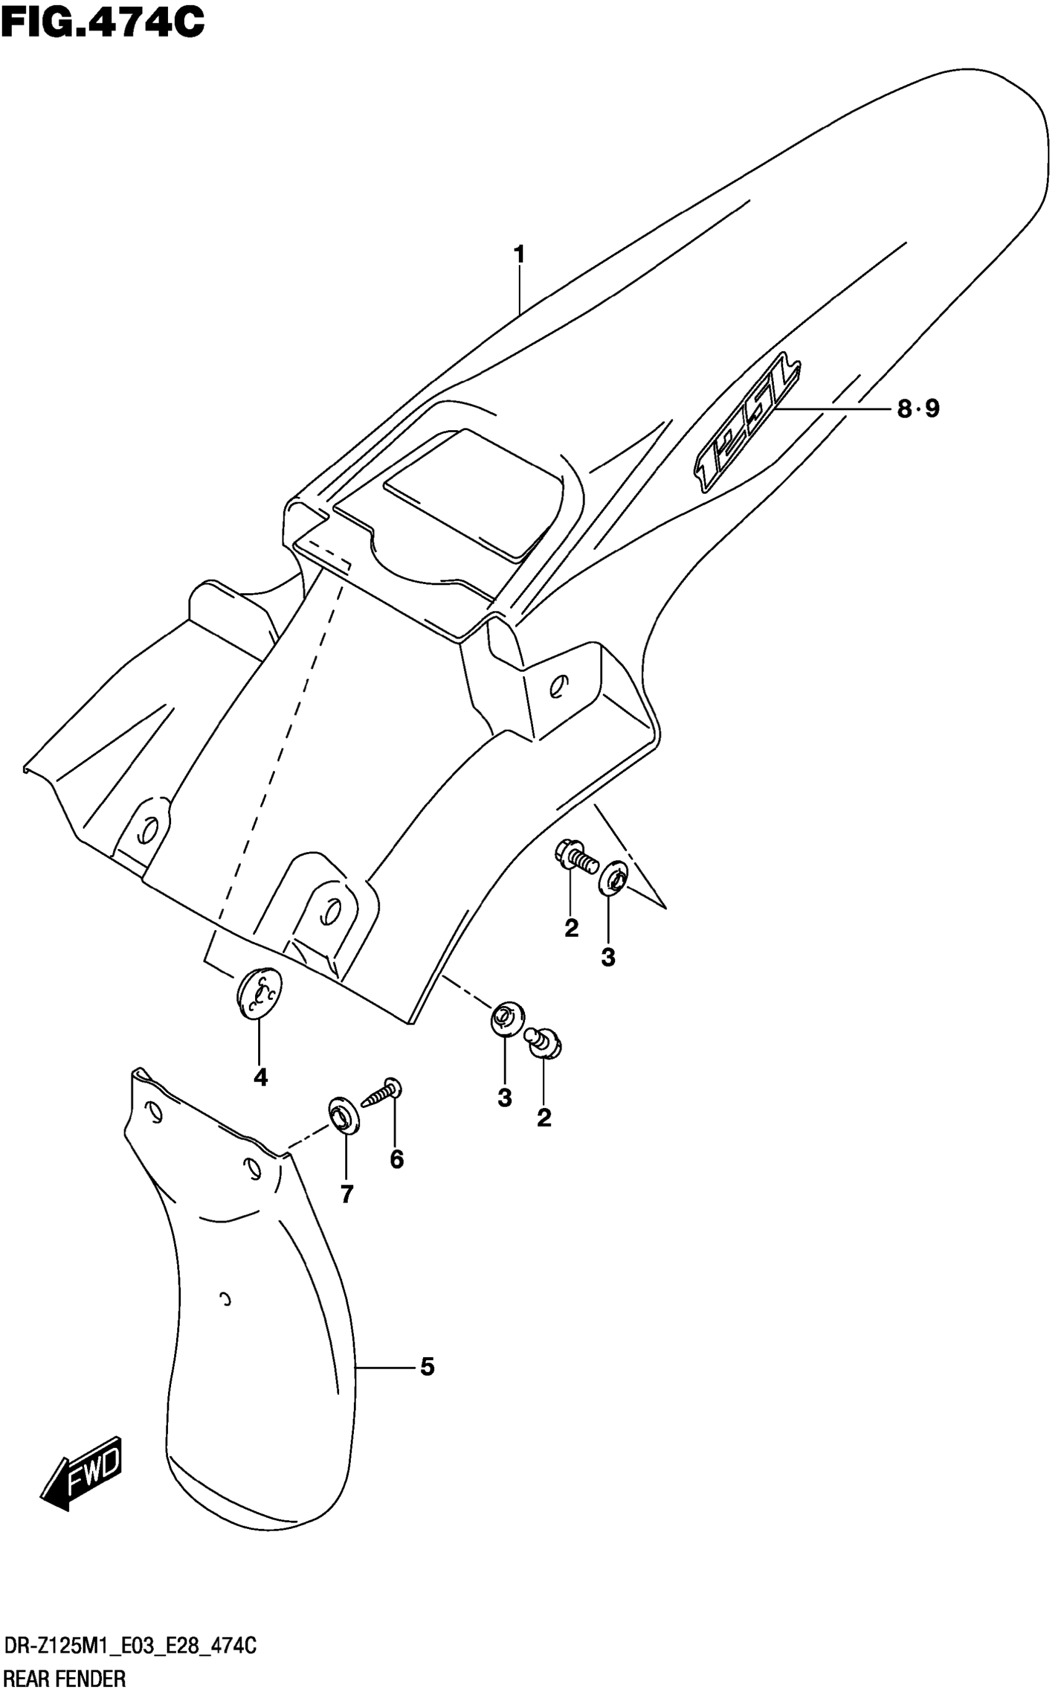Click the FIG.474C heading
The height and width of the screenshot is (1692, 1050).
coord(103,22)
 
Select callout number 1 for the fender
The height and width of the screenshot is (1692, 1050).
coord(519,255)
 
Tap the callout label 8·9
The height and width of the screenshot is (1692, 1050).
coord(917,409)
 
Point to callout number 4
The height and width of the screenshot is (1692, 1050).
coord(261,1077)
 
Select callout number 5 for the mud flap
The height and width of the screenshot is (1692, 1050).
coord(427,1367)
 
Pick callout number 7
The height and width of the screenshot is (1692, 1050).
coord(346,1193)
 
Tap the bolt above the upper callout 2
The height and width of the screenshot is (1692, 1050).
coord(576,857)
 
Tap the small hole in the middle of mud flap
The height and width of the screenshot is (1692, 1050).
coord(225,1300)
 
